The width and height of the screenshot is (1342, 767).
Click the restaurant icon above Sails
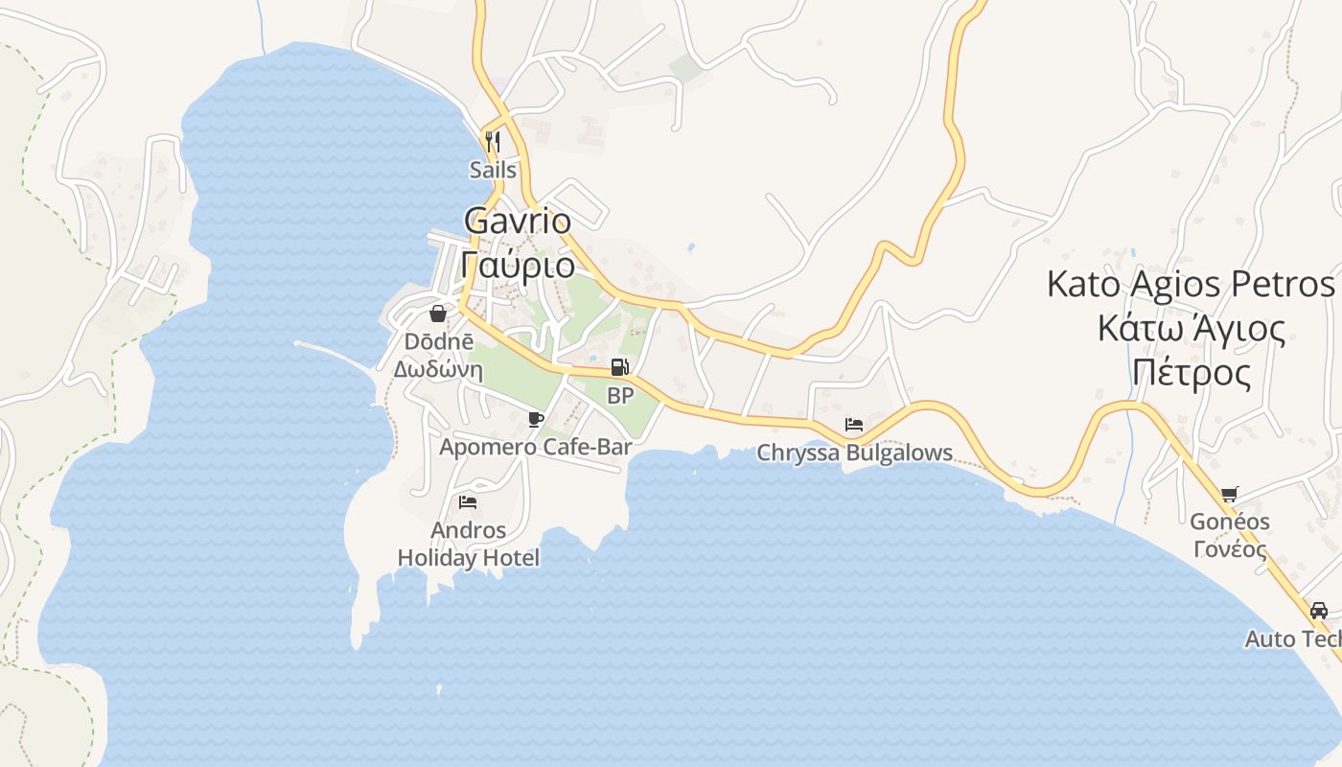pos(493,142)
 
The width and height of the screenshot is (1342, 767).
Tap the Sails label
pos(493,171)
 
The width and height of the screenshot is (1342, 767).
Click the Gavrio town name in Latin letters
pos(518,221)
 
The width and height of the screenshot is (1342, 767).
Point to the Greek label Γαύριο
pos(518,264)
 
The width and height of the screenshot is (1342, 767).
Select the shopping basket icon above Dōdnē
pos(438,314)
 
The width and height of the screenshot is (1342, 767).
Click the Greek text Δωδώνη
pos(438,368)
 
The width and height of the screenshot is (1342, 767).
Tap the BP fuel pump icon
pos(620,367)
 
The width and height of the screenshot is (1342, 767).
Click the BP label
pos(620,395)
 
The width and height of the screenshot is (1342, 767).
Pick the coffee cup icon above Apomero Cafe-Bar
pos(536,419)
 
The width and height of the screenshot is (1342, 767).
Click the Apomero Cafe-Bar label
pos(536,447)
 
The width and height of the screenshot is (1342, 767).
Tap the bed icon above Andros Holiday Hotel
pos(468,501)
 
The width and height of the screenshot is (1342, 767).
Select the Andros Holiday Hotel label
pos(469,544)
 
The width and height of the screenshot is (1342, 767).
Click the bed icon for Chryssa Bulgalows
pos(854,425)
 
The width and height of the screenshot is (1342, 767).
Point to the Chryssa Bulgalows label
pos(855,453)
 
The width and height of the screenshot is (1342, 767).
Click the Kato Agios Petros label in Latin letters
pos(1191,285)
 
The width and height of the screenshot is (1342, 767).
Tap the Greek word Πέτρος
pos(1192,372)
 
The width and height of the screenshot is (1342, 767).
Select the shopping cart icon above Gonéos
pos(1230,495)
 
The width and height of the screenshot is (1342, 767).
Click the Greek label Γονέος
pos(1230,549)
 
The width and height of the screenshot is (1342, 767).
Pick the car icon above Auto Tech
pos(1319,611)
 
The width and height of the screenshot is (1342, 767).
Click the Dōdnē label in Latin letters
pos(438,341)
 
